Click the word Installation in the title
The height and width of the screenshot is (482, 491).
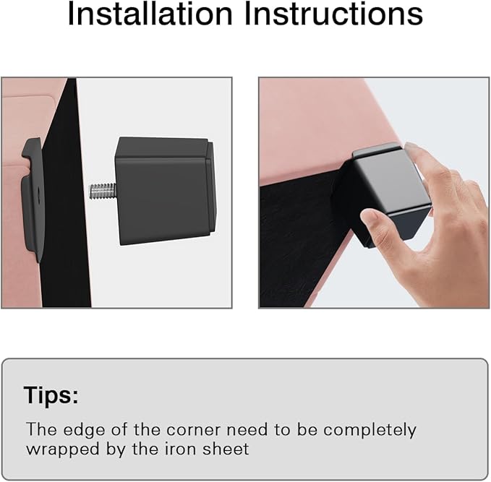click(150, 14)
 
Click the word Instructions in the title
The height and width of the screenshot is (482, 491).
click(333, 14)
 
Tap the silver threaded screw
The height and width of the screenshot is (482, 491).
click(103, 191)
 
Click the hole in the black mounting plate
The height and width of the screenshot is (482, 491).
click(38, 191)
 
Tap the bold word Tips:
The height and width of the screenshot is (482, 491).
click(51, 395)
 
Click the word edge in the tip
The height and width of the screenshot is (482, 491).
click(84, 431)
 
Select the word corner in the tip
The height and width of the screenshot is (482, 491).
click(193, 430)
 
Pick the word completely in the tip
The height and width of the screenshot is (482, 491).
click(370, 431)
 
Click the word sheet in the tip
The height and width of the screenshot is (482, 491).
click(226, 449)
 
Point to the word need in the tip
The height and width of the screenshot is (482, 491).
click(247, 430)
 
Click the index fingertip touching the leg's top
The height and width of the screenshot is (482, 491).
click(411, 147)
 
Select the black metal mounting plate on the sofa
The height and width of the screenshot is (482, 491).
click(32, 199)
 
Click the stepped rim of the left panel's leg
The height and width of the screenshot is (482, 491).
click(211, 188)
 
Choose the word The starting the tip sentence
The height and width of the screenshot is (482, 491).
click(41, 430)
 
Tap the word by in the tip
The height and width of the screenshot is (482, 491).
click(116, 450)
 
